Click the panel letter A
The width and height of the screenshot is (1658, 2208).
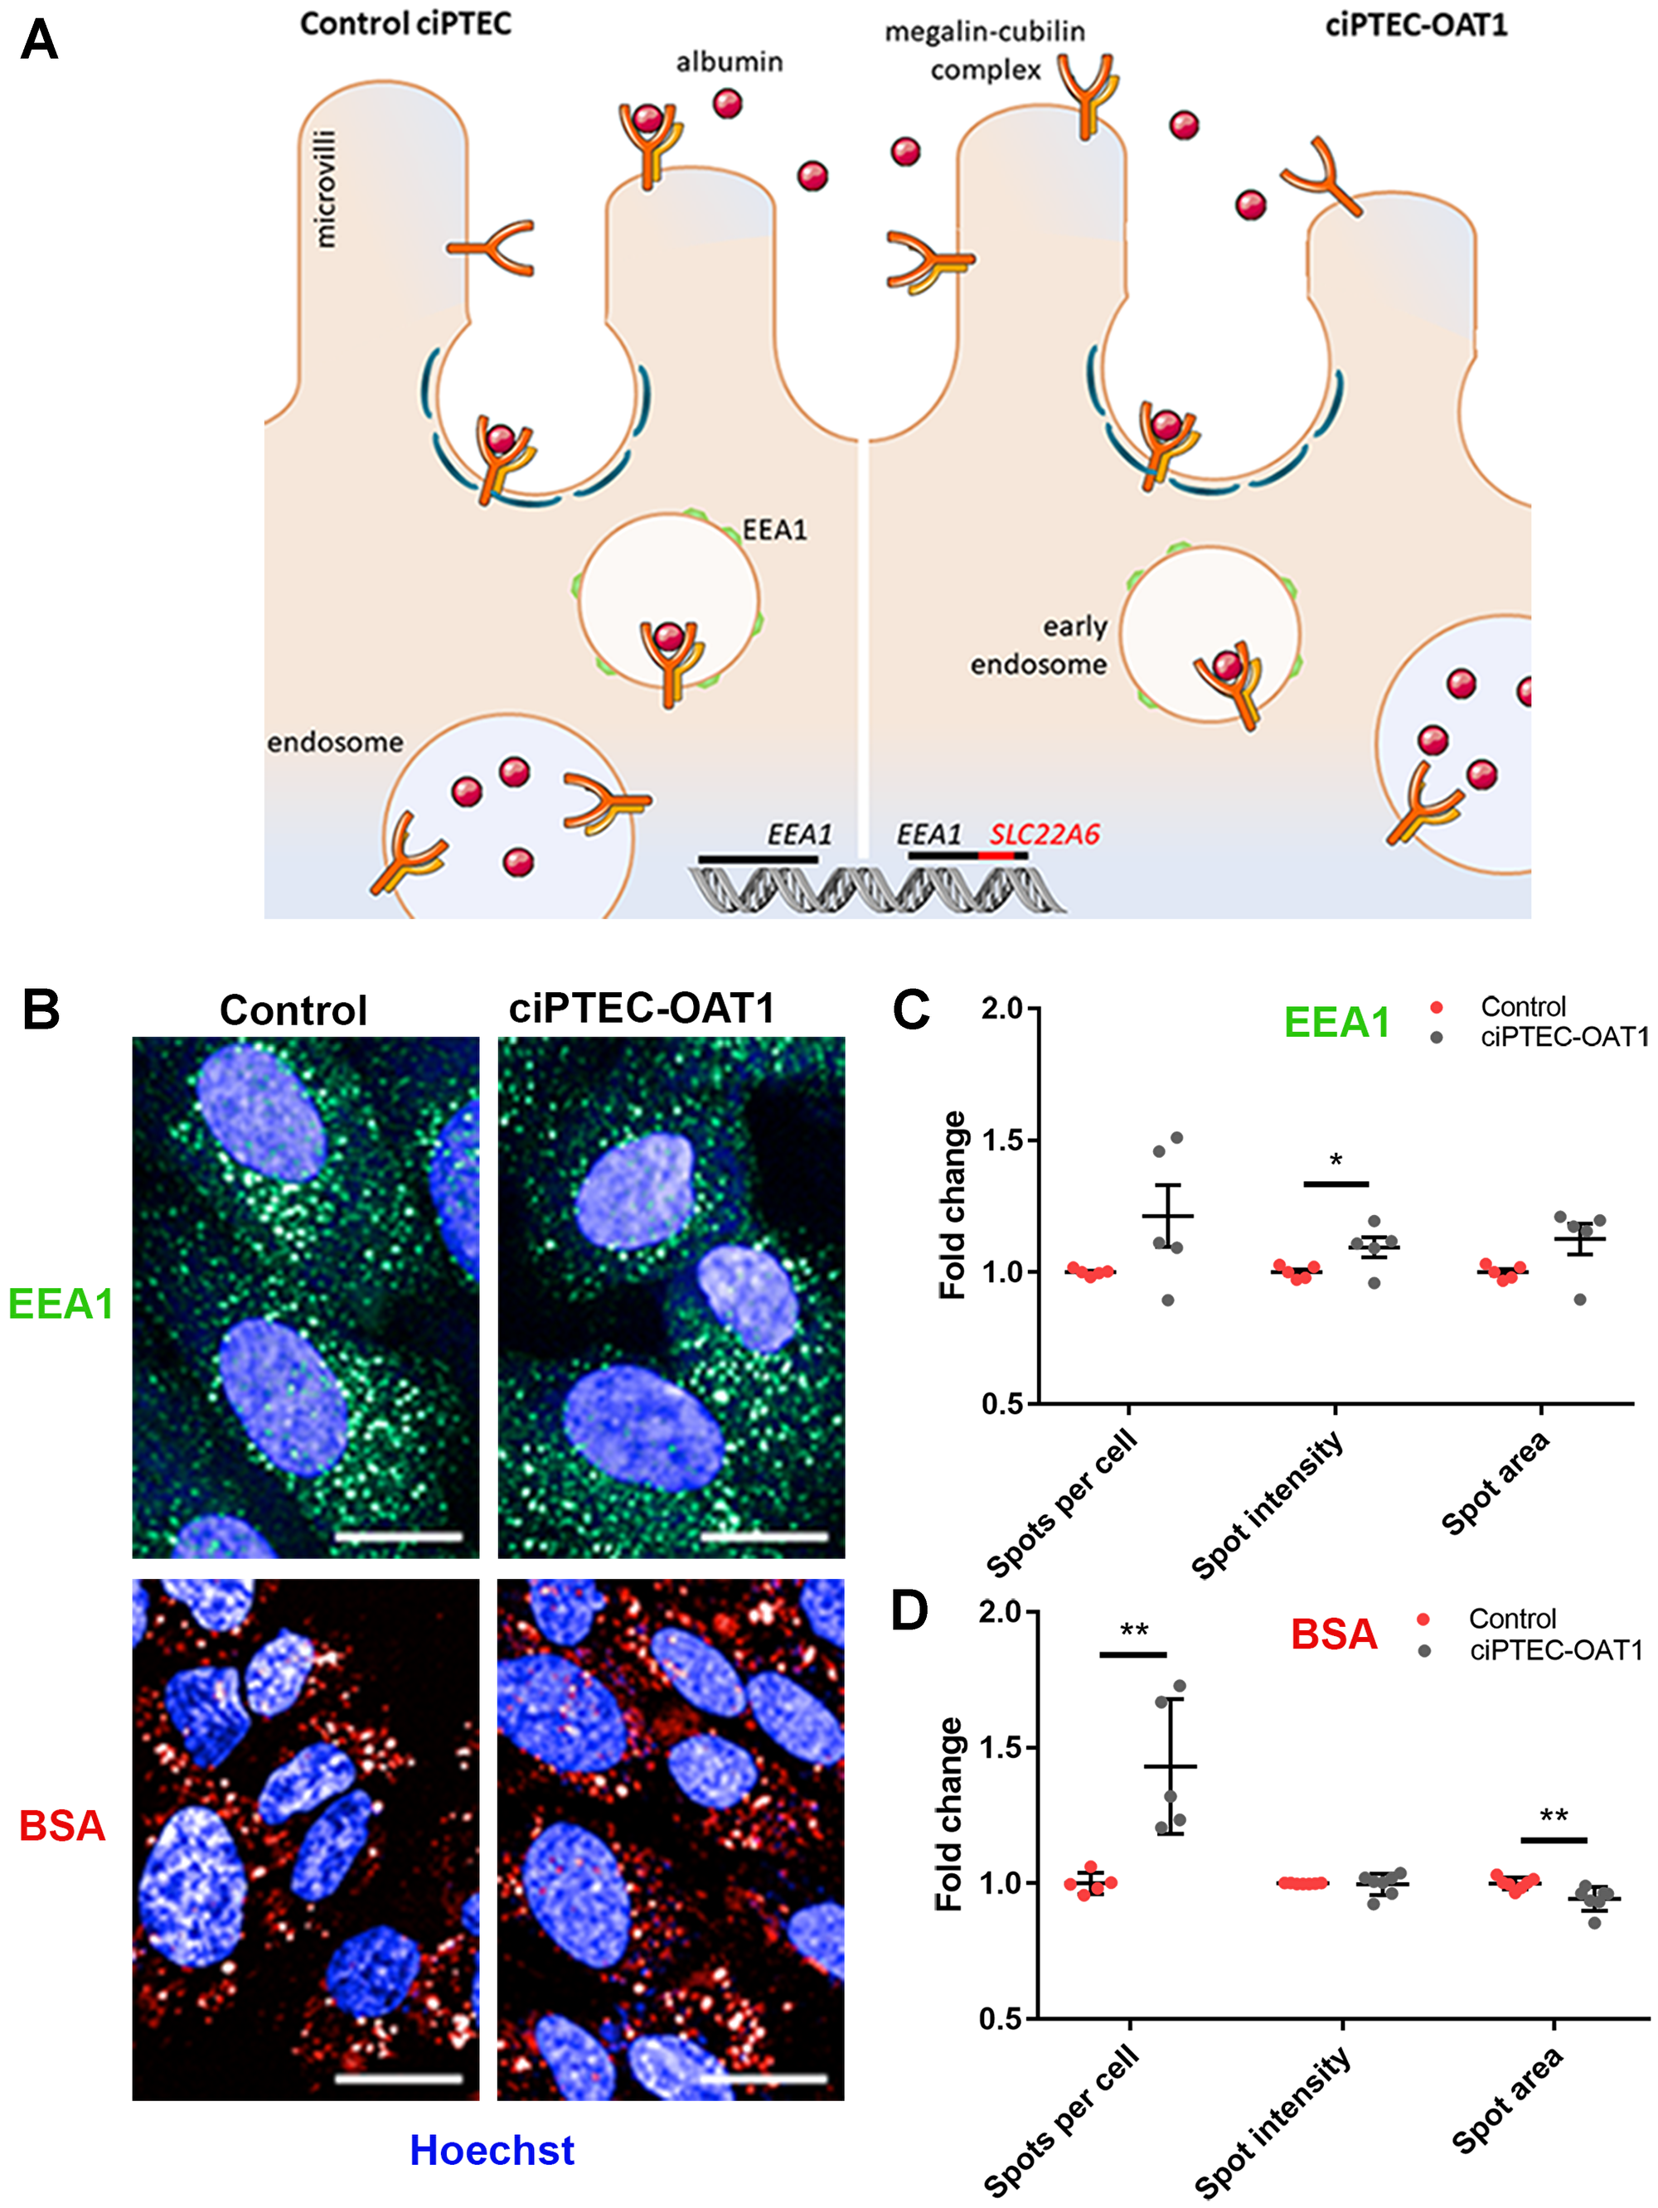[x=39, y=41]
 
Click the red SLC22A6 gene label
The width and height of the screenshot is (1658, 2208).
[x=1043, y=834]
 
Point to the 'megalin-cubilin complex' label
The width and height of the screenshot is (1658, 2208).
[x=984, y=51]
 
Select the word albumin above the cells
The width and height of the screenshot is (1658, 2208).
[x=729, y=62]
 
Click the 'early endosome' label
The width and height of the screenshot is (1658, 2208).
[x=1040, y=645]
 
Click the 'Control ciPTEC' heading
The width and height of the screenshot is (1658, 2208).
[x=405, y=24]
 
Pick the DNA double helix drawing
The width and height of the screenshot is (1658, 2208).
[x=875, y=889]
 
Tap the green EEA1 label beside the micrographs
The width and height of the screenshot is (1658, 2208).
[x=61, y=1304]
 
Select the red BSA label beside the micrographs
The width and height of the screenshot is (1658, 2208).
[x=62, y=1826]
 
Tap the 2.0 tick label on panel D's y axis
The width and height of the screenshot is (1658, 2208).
[x=1001, y=1612]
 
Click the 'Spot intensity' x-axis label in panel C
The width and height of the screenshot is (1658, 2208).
[x=1268, y=1508]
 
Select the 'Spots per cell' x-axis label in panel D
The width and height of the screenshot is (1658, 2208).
[x=1062, y=2121]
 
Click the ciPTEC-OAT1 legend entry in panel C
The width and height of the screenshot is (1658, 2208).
[x=1563, y=1037]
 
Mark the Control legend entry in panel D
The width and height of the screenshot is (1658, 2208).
[x=1511, y=1618]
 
